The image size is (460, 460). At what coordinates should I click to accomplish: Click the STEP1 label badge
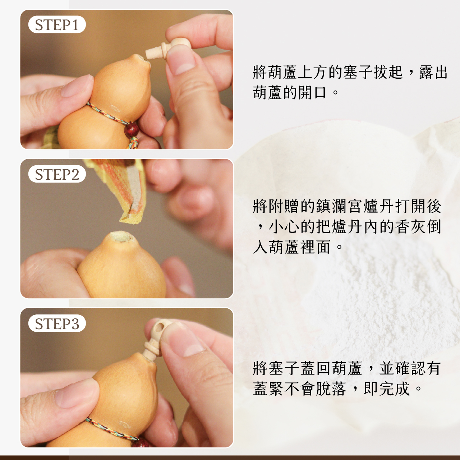[x=57, y=24]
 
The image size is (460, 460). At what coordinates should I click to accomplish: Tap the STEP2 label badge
[x=57, y=174]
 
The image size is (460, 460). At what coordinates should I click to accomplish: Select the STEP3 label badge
[x=57, y=323]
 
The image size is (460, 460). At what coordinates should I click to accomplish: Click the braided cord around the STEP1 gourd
[x=107, y=115]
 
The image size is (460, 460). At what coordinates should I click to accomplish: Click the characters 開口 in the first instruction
[x=312, y=92]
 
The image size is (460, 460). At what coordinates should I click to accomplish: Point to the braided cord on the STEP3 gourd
[x=112, y=428]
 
